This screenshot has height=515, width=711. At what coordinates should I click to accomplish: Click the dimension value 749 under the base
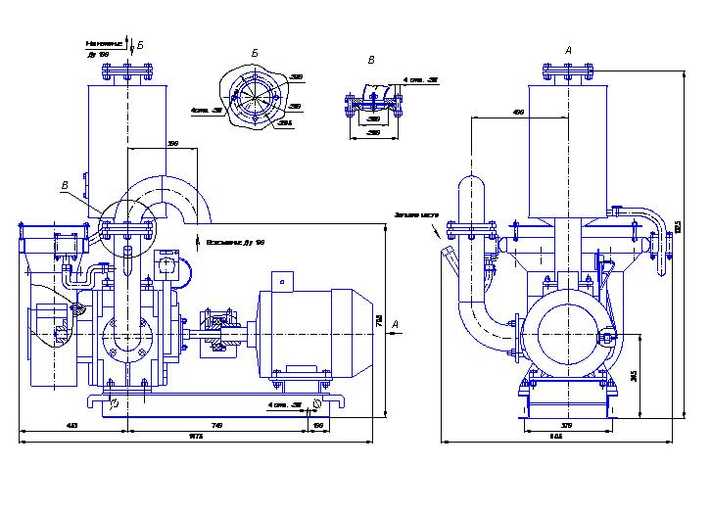(216, 426)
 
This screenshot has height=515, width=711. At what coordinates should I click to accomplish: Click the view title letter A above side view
(568, 50)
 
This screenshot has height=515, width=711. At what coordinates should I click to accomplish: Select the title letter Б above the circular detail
(255, 51)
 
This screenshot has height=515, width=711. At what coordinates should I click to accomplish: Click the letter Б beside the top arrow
(140, 46)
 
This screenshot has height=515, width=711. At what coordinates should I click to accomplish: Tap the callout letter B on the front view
(65, 185)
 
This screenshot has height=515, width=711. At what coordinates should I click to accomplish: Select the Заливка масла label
(416, 216)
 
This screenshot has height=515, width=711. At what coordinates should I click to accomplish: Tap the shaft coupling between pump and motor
(217, 323)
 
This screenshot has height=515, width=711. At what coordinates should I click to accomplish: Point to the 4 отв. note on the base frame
(284, 402)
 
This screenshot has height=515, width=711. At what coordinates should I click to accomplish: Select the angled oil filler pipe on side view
(450, 259)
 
